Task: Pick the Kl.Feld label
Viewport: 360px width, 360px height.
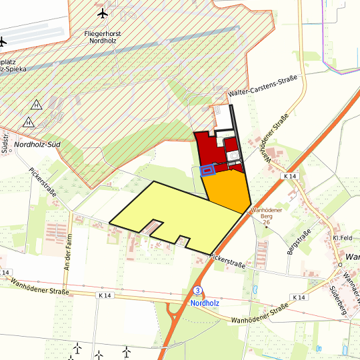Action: coord(341,237)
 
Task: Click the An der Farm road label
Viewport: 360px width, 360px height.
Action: coord(67,246)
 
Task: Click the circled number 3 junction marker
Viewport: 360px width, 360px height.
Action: coord(198,291)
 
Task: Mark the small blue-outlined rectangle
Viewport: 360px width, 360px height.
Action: coord(207,171)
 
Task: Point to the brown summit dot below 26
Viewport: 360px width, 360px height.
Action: coord(267,226)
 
